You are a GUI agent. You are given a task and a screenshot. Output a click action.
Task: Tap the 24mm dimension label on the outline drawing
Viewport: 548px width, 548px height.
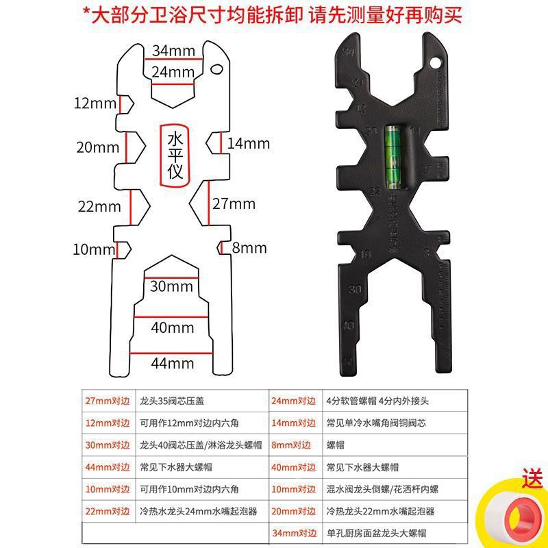click(173, 71)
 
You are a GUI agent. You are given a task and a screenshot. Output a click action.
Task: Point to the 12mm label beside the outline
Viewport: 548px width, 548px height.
click(95, 104)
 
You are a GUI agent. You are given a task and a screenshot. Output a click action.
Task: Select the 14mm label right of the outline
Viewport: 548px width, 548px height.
click(249, 143)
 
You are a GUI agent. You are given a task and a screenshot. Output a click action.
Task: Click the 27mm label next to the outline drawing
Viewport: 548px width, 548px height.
click(234, 203)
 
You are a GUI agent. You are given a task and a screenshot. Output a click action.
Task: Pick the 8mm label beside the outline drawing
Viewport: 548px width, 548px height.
click(249, 248)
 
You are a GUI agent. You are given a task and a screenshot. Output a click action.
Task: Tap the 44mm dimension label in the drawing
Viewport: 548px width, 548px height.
click(173, 362)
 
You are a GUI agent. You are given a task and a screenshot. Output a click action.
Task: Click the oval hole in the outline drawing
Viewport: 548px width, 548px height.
click(218, 68)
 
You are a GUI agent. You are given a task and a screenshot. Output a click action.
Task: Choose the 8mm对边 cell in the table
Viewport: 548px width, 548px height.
click(294, 445)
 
